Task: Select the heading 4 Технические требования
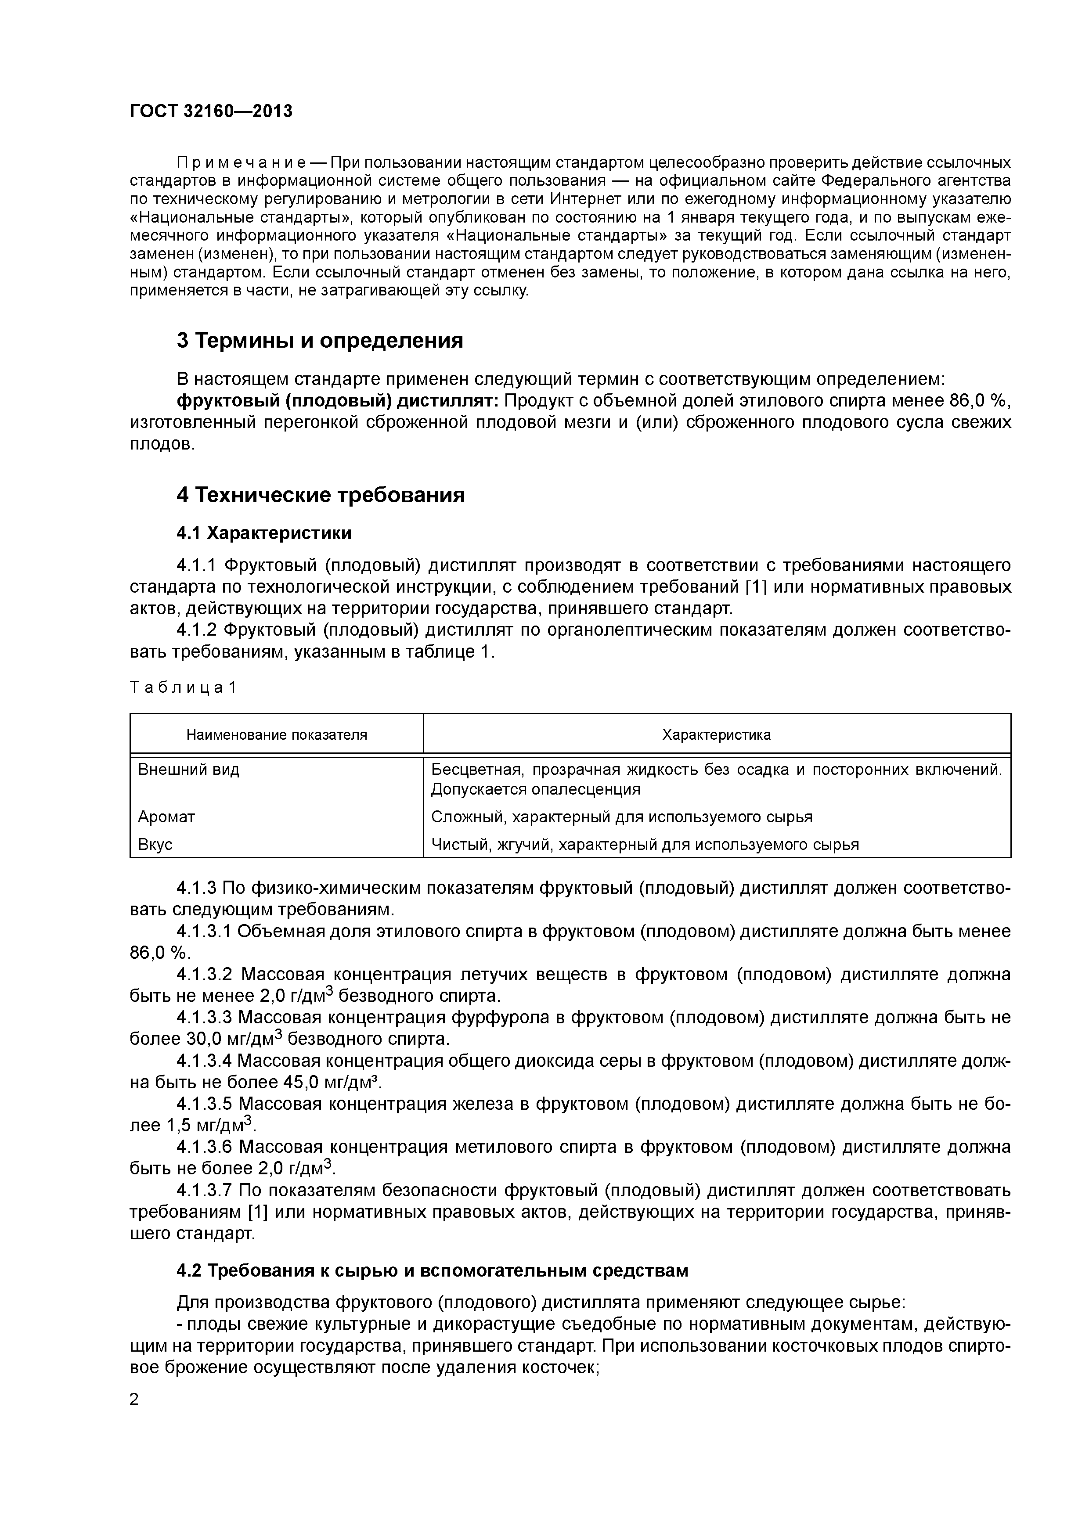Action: pyautogui.click(x=320, y=495)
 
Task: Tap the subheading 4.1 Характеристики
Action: pyautogui.click(x=264, y=533)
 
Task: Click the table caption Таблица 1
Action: pyautogui.click(x=183, y=687)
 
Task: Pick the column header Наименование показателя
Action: pyautogui.click(x=277, y=734)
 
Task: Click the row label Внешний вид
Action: pyautogui.click(x=188, y=769)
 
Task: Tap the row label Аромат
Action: pyautogui.click(x=166, y=817)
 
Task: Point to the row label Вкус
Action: pyautogui.click(x=155, y=845)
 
